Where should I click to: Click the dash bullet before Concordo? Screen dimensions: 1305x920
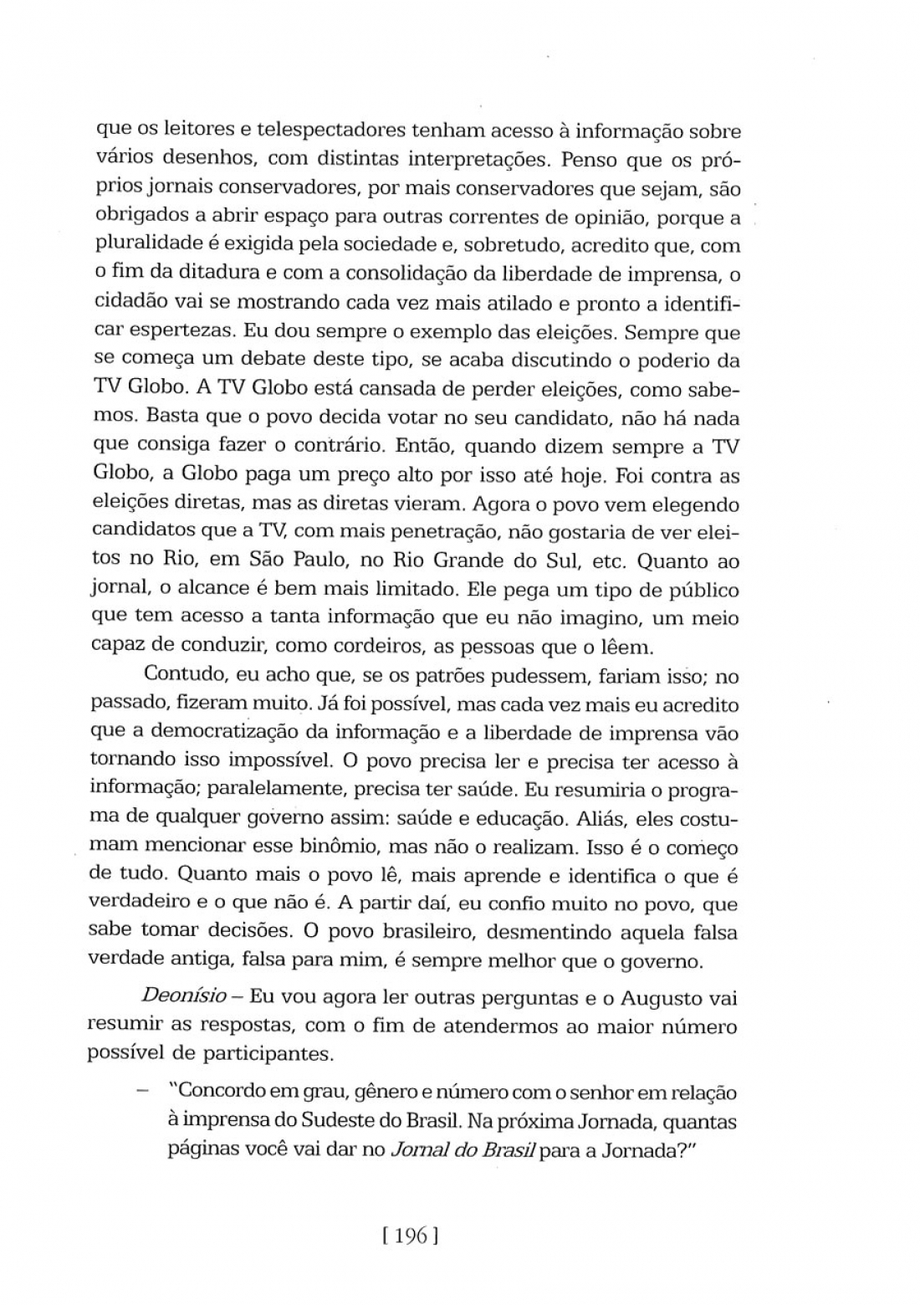point(144,1093)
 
